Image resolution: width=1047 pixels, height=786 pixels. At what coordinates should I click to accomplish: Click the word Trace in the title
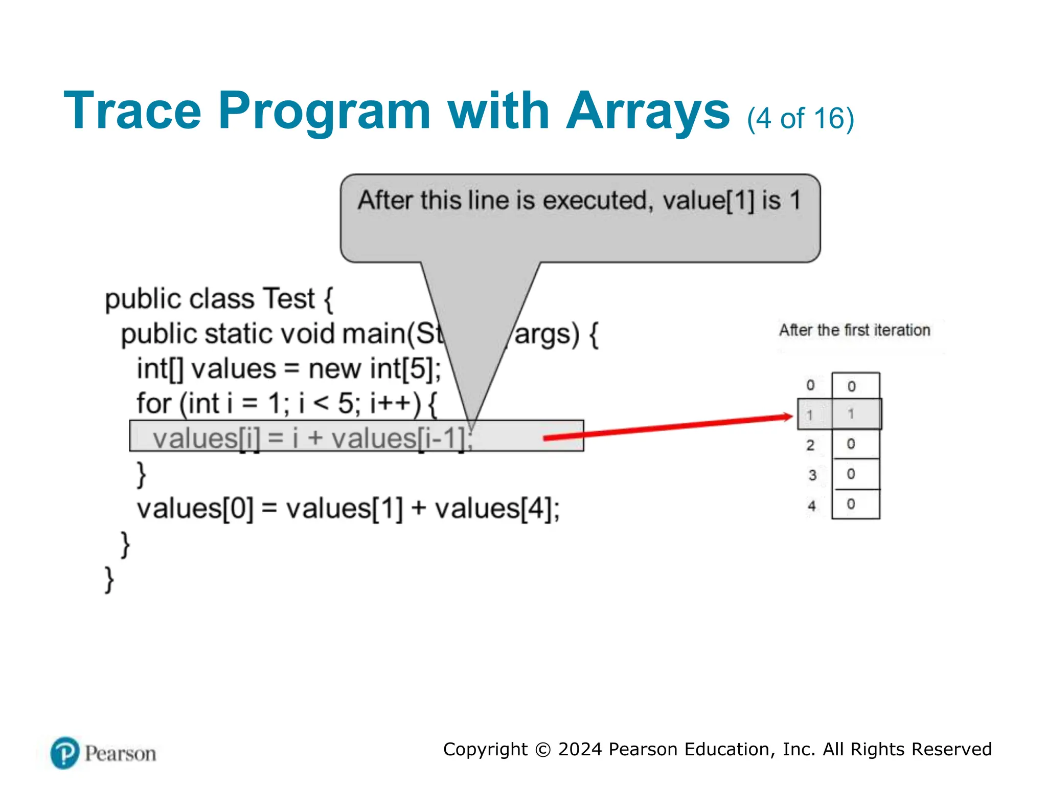[x=132, y=111]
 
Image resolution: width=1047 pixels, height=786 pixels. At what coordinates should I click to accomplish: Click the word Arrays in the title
[x=648, y=111]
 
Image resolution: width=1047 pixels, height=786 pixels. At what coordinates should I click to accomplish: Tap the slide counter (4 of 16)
[x=800, y=119]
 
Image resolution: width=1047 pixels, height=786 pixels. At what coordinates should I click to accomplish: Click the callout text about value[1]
[x=579, y=201]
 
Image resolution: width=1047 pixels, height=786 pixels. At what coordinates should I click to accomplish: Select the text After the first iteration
[x=854, y=330]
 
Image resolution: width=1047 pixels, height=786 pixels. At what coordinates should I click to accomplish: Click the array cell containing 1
[x=855, y=414]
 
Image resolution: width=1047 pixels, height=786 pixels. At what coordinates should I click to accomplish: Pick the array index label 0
[x=810, y=385]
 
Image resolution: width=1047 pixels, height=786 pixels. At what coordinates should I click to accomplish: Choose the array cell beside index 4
[x=855, y=505]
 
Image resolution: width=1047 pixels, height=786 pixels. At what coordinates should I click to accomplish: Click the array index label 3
[x=812, y=475]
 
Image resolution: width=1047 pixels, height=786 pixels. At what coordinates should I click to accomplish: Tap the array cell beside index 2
[x=855, y=444]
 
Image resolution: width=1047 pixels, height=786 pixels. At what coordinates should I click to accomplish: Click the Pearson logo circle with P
[x=65, y=753]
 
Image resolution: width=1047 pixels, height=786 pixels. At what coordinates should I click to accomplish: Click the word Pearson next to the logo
[x=121, y=754]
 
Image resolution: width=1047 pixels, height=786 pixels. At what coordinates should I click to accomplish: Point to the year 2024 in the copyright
[x=580, y=749]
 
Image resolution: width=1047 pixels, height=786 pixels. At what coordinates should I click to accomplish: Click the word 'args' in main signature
[x=546, y=334]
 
